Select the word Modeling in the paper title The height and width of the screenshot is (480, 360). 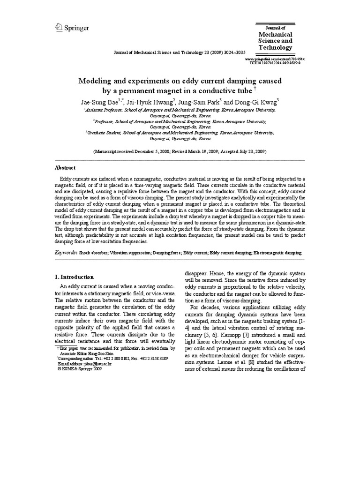coord(95,81)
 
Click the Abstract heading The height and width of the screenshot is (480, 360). coord(65,168)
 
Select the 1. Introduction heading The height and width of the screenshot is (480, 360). coord(75,277)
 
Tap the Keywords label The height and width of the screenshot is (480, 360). coord(66,252)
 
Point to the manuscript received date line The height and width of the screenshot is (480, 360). coord(180,152)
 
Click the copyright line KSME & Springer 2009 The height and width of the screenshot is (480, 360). coord(79,369)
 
